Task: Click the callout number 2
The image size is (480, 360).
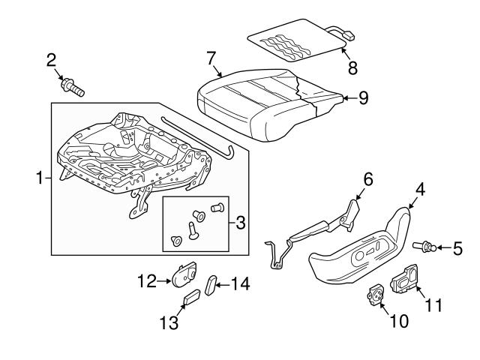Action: tap(52, 60)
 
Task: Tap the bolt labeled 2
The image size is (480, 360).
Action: tap(73, 87)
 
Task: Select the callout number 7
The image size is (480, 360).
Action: tap(211, 58)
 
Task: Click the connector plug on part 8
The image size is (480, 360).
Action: tap(349, 36)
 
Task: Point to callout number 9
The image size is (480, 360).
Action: tap(363, 98)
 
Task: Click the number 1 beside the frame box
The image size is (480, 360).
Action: tap(40, 178)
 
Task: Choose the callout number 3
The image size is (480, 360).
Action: tap(241, 223)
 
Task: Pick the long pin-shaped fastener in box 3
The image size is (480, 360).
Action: tap(193, 230)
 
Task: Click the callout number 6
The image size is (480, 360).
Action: tap(368, 179)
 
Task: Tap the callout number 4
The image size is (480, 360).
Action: tap(420, 189)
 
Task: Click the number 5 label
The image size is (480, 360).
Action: tap(457, 248)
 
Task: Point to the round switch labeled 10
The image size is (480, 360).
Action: tap(375, 295)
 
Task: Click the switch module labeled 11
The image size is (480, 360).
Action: tap(404, 277)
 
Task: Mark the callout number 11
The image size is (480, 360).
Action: tap(434, 305)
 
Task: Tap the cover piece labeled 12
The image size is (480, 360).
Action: tap(184, 274)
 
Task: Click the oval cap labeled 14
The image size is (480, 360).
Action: tap(211, 285)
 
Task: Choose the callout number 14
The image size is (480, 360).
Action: tap(240, 284)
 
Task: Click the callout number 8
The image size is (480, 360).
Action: tap(352, 68)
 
